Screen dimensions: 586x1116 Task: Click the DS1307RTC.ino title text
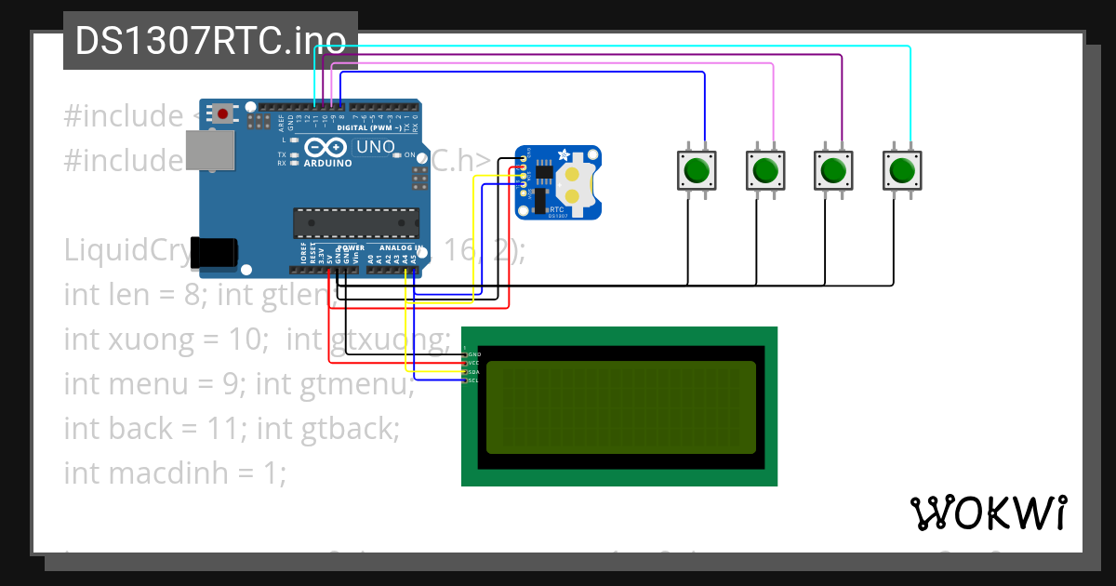coord(210,41)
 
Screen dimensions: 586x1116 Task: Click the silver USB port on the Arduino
coord(210,150)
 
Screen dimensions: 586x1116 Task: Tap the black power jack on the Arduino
coord(214,251)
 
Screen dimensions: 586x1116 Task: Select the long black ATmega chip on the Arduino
coord(355,223)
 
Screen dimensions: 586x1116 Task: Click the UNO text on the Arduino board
coord(376,147)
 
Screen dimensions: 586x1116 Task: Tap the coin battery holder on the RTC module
coord(578,183)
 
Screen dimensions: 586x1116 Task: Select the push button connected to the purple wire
coord(832,170)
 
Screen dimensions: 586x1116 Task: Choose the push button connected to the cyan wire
coord(901,170)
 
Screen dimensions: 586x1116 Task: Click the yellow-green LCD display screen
coord(620,407)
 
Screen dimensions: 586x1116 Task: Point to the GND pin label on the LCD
coord(473,354)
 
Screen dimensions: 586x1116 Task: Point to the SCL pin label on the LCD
coord(473,380)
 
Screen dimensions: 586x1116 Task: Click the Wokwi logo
coord(988,513)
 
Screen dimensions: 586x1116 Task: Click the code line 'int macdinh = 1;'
coord(175,473)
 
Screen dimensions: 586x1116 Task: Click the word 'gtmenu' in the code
coord(357,384)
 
